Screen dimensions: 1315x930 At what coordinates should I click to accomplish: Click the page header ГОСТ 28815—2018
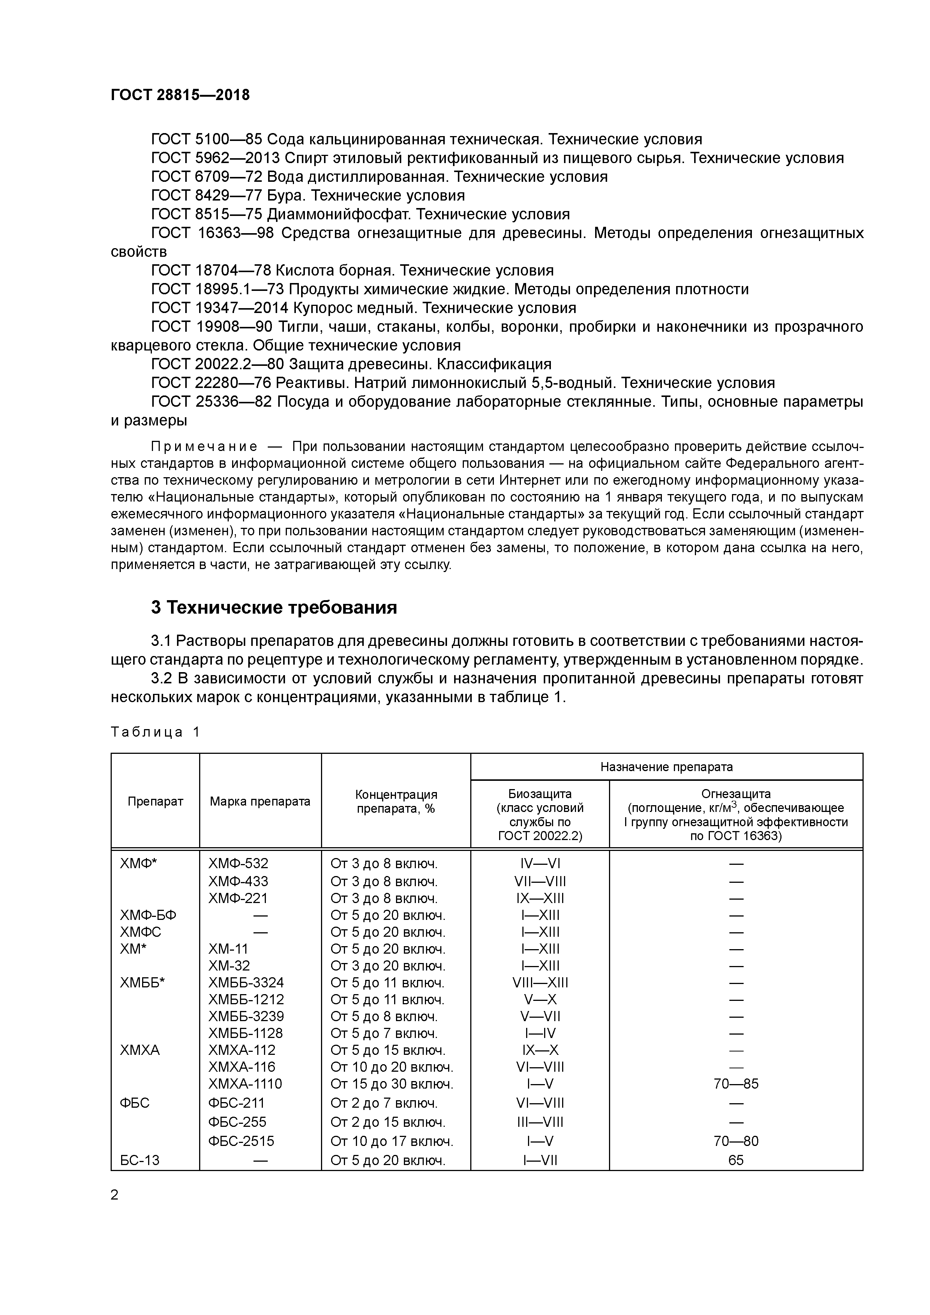[x=180, y=95]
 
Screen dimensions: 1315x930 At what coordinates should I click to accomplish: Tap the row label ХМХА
[x=140, y=1050]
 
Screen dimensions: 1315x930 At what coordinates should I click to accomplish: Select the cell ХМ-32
[x=229, y=966]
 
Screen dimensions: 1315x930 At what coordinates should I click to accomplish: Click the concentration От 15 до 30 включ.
[x=392, y=1084]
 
